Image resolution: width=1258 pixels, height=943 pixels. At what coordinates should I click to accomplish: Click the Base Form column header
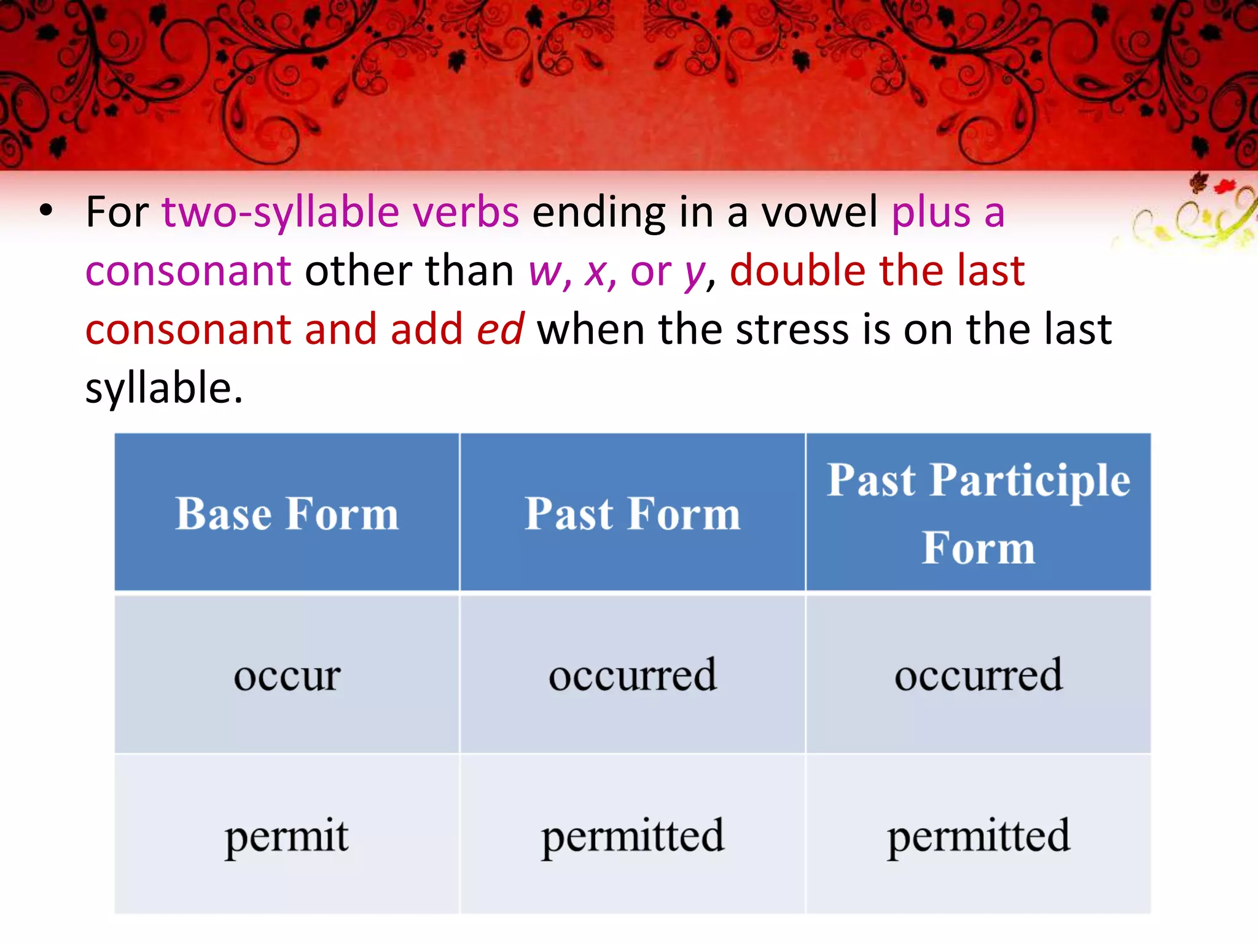287,513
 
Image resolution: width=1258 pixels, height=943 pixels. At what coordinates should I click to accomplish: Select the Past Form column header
632,513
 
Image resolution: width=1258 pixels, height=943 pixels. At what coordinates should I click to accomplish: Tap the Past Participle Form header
978,513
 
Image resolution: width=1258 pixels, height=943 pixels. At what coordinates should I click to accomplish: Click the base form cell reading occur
287,675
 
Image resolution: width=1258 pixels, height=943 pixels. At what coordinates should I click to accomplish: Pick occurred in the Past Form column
632,675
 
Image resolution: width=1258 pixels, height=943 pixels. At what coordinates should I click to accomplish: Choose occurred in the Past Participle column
978,675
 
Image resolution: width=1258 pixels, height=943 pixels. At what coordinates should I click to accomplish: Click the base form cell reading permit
287,836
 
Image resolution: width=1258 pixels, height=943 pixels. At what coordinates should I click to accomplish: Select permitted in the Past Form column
632,836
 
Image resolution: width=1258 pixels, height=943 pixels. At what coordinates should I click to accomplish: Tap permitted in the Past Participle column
978,836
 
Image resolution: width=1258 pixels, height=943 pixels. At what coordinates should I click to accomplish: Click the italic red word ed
501,330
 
